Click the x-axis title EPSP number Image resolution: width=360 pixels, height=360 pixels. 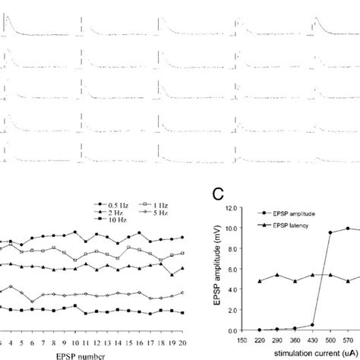tap(75, 354)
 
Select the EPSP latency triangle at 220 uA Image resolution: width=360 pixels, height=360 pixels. tap(261, 281)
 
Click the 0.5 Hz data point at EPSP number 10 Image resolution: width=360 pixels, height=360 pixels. tap(75, 232)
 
